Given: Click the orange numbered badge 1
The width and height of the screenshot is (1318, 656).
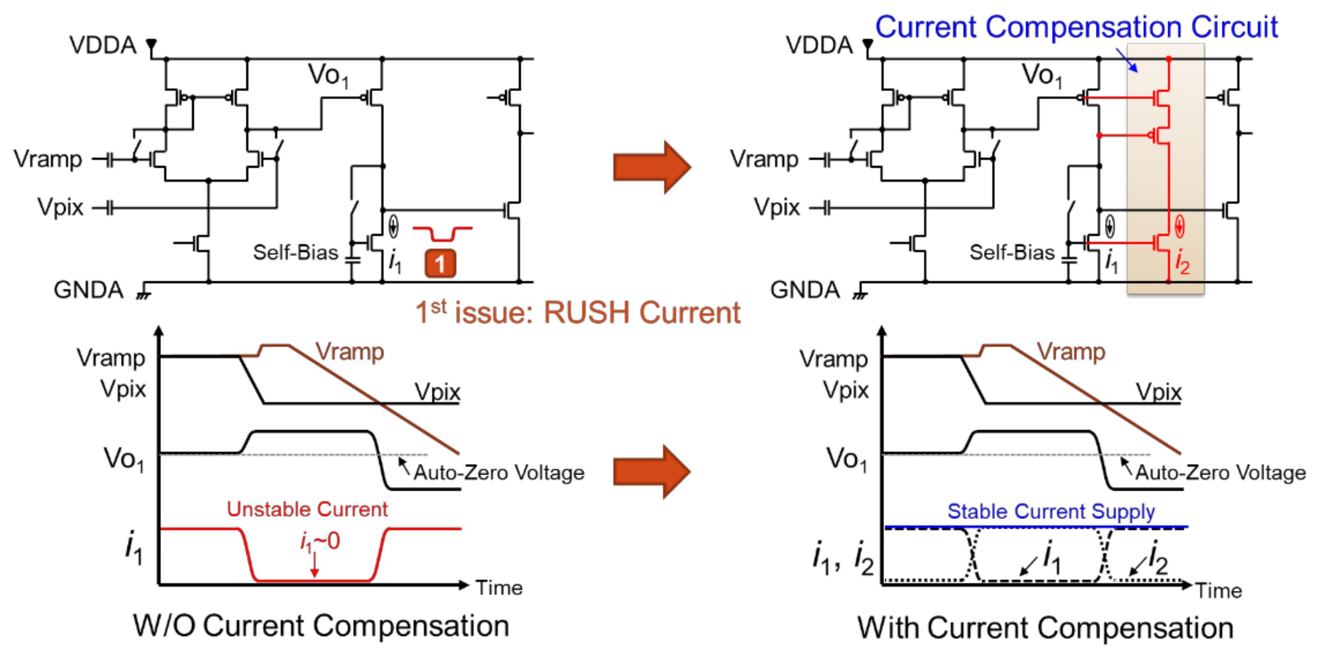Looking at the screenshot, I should click(439, 264).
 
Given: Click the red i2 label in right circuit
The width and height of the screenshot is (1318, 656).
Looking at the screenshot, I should click(1182, 261).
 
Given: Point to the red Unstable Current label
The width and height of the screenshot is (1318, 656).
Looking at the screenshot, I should click(307, 509).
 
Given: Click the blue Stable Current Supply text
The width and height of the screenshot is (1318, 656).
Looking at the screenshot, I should click(1051, 511).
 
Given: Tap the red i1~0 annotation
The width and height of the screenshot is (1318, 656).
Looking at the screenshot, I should click(320, 541).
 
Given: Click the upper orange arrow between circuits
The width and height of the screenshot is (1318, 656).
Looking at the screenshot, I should click(652, 167).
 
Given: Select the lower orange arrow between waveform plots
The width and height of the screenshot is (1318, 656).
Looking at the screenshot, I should click(652, 471).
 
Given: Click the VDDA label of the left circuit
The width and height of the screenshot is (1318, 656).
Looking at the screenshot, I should click(103, 45).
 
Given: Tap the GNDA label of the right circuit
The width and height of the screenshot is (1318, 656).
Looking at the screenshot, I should click(805, 290).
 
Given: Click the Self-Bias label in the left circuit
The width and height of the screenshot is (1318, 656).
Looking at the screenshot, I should click(296, 252).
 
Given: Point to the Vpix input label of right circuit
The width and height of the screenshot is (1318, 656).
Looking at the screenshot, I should click(776, 207).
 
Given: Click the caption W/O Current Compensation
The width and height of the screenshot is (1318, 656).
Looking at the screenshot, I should click(321, 626).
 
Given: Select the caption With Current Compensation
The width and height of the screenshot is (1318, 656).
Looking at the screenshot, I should click(1045, 628).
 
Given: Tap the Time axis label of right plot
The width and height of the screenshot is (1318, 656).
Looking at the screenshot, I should click(1219, 591).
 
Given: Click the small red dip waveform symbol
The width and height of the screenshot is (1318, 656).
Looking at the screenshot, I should click(442, 234).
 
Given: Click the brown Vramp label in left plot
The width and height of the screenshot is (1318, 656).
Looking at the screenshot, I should click(349, 352).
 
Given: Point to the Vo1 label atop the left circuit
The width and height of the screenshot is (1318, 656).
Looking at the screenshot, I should click(328, 75).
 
